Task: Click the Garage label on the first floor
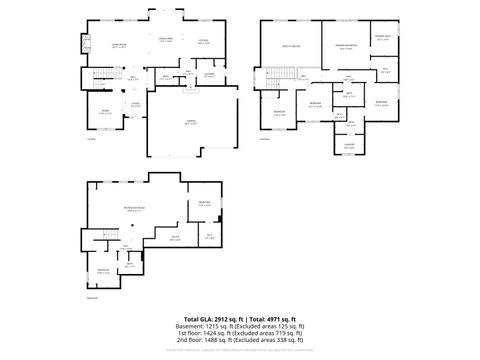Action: click(189, 122)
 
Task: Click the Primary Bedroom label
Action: click(346, 46)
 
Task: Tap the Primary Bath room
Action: click(382, 40)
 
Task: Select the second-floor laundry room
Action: click(350, 145)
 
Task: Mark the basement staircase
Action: click(98, 238)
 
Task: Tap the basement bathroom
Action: click(130, 266)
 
